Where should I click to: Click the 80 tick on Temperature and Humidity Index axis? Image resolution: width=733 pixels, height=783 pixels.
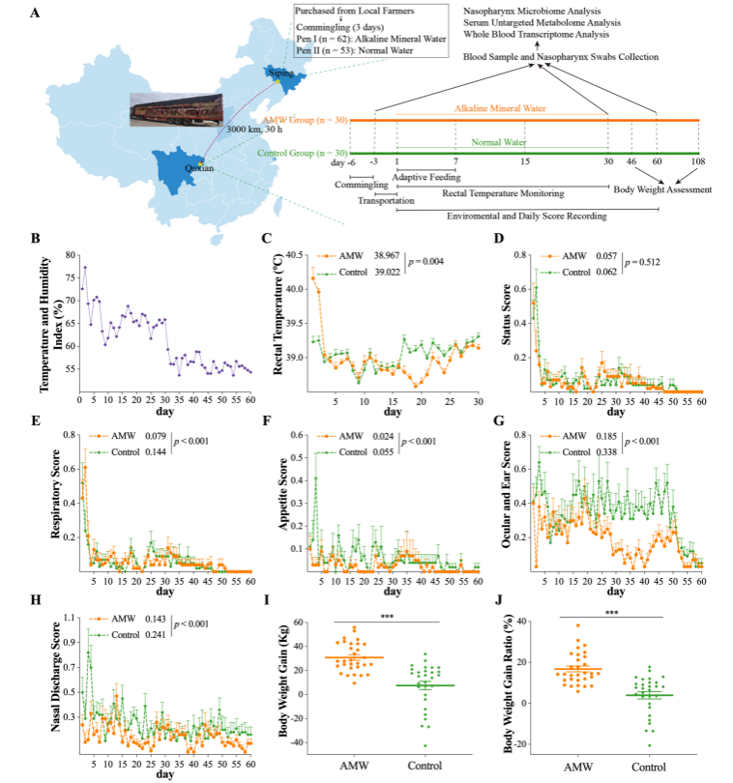tap(70, 256)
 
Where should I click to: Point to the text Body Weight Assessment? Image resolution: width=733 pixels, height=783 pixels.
tap(662, 189)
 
